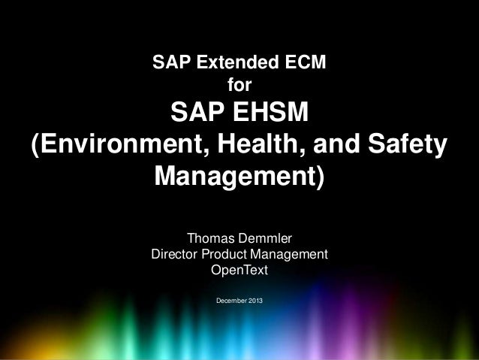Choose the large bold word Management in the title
pyautogui.click(x=233, y=177)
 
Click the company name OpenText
pyautogui.click(x=239, y=269)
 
